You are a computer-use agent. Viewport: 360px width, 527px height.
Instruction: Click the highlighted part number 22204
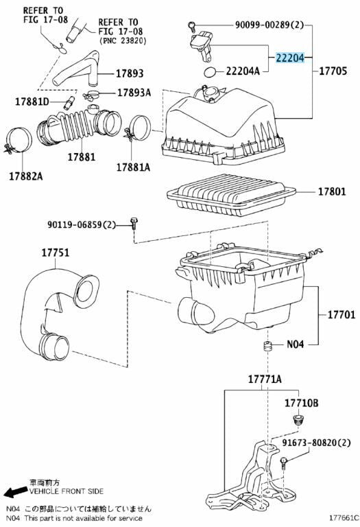click(x=291, y=58)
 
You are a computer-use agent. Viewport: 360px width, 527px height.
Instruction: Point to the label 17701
click(x=337, y=315)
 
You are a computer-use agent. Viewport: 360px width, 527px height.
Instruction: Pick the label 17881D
click(x=32, y=103)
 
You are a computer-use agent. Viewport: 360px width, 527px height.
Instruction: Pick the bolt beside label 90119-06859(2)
click(x=134, y=223)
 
